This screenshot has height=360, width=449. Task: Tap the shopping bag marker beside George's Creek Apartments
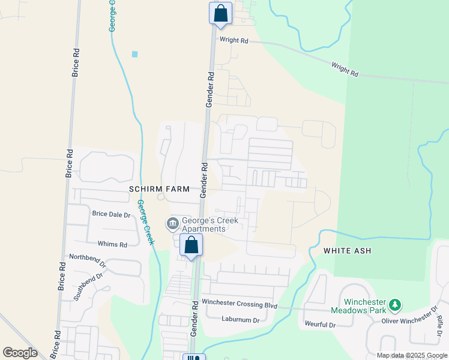(191, 245)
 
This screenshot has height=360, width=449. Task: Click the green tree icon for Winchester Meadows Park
(395, 305)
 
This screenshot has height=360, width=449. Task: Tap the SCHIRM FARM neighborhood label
(159, 189)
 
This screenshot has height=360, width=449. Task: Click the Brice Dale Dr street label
(111, 214)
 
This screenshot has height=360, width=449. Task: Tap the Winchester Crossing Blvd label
(240, 304)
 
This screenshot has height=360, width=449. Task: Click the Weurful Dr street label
(319, 324)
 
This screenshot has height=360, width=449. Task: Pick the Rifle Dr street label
(440, 325)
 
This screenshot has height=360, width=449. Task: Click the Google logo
(20, 353)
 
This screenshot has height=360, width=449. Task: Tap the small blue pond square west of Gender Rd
(134, 54)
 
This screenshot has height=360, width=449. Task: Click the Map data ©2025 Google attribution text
(412, 355)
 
